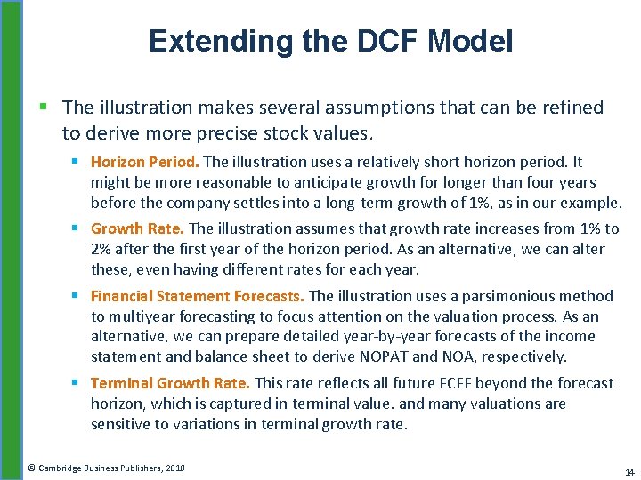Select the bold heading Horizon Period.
[x=144, y=162]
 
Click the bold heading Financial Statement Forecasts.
[x=198, y=296]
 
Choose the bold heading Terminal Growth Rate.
[x=171, y=383]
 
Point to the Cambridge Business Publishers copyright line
[x=106, y=468]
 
